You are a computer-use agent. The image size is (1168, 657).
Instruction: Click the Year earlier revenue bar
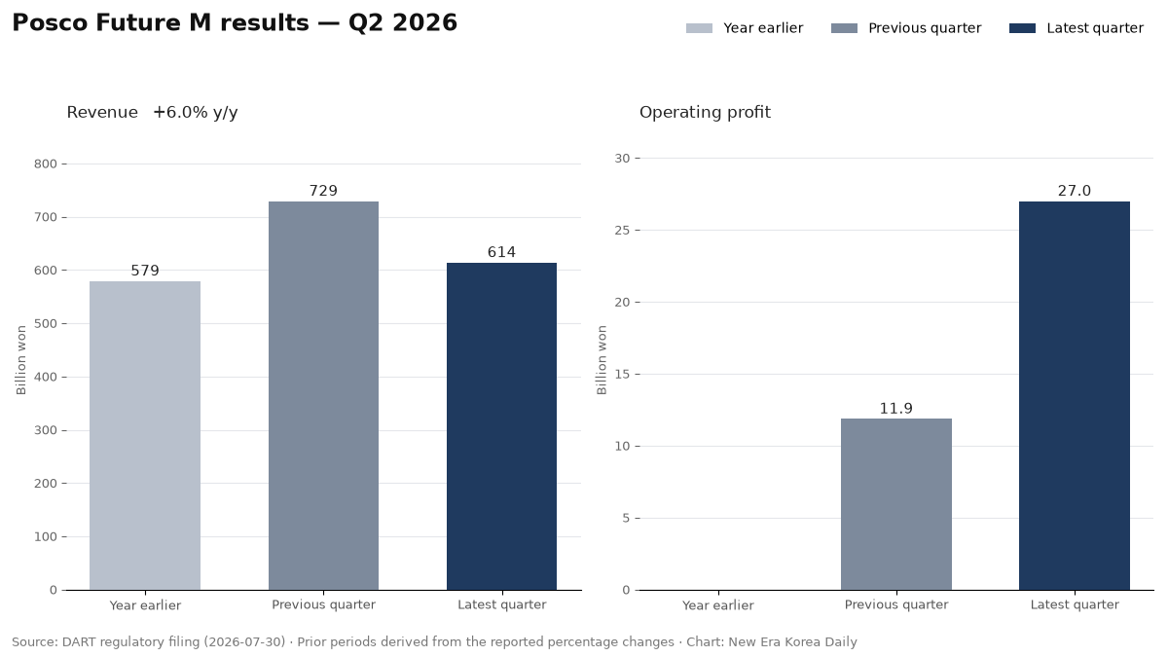point(145,435)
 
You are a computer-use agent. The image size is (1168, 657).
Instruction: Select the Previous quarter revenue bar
point(323,396)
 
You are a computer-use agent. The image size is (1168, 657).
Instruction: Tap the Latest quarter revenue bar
point(501,426)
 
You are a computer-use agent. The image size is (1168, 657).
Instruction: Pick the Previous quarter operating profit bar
point(896,504)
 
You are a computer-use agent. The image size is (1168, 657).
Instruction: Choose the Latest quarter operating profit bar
point(1075,396)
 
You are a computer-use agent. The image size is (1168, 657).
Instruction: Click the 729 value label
point(323,191)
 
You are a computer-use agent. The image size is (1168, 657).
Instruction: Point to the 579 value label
point(145,271)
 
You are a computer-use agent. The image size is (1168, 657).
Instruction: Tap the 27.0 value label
point(1075,191)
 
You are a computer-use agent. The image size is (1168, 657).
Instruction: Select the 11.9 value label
point(896,409)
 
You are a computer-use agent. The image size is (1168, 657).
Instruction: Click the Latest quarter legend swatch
point(1022,28)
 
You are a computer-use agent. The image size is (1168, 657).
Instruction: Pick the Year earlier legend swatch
point(699,28)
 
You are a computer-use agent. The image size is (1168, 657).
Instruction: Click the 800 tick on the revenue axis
point(46,164)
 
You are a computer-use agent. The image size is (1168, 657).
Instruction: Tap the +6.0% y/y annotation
point(196,113)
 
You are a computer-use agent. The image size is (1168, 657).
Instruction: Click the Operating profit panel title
point(705,113)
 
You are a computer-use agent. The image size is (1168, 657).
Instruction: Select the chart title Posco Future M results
point(161,23)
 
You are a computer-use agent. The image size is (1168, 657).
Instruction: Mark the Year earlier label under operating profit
point(718,605)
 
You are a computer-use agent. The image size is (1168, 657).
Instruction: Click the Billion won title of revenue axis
point(20,360)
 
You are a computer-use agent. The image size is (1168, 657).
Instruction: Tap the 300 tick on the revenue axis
point(46,430)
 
